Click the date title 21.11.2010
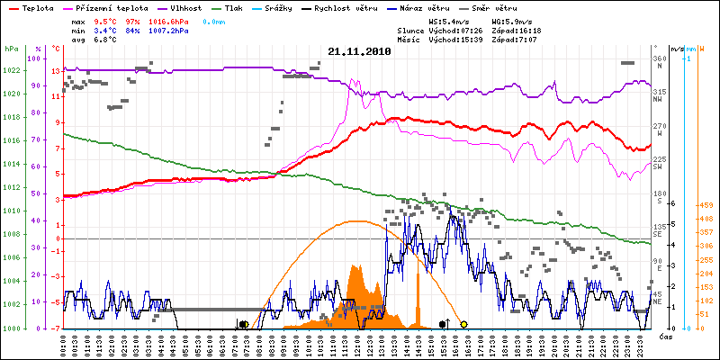coord(359,52)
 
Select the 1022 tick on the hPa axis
coord(12,70)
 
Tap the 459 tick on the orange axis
coord(706,206)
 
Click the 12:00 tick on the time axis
coord(358,343)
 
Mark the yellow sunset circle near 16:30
coord(463,324)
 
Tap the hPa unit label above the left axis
coord(11,49)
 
